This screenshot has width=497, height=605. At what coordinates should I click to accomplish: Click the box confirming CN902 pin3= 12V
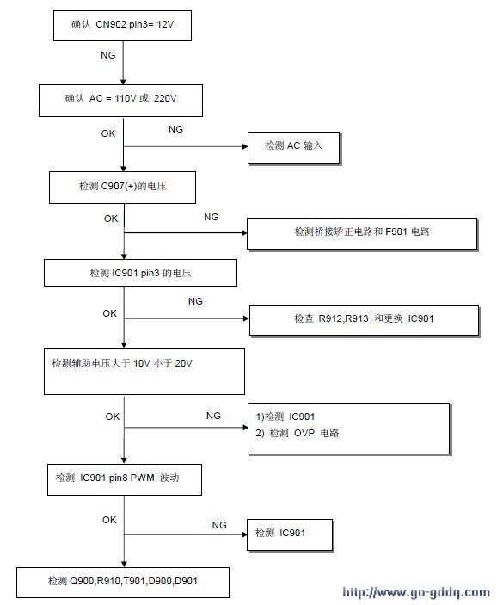pos(122,26)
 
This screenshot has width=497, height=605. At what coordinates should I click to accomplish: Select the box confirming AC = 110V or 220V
pos(120,101)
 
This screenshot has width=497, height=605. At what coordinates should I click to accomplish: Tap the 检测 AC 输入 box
pos(294,148)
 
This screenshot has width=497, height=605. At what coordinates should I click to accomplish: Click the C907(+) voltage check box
pos(122,188)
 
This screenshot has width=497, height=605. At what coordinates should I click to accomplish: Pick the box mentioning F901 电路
pos(362,234)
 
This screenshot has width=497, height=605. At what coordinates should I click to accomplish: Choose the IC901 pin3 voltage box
pos(140,273)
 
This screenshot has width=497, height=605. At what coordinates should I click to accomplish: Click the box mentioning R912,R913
pos(364,320)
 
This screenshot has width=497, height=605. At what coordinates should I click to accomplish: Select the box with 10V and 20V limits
pos(144,371)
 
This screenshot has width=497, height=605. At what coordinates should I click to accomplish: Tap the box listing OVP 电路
pos(348,429)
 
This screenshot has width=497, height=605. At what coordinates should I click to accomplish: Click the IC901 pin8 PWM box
pos(125,479)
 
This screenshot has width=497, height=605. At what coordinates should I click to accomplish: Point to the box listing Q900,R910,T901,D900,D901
pos(123,583)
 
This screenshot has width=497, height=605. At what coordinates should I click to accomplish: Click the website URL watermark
pos(416,592)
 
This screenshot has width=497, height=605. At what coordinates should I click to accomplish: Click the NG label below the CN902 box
pos(108,55)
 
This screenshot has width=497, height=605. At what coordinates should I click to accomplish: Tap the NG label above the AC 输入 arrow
pos(175,129)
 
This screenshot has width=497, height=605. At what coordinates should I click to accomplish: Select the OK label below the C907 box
pos(111,219)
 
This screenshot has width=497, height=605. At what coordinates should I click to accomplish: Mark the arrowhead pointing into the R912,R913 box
pos(247,318)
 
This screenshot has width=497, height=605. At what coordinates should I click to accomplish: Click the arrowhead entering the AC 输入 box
pos(245,146)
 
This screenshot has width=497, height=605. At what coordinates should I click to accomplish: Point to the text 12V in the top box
pos(165,24)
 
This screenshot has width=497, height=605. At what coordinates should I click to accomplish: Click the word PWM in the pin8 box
pos(142,478)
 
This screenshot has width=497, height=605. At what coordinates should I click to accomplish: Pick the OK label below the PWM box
pos(109,520)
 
